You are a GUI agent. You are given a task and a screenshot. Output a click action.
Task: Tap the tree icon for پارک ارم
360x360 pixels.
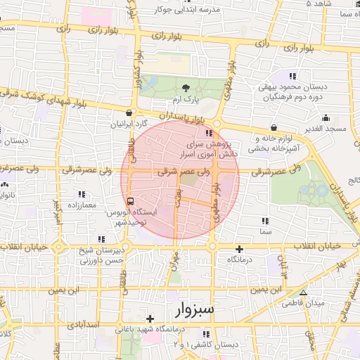point(186,88)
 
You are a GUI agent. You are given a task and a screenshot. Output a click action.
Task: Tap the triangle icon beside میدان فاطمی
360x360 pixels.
point(303,293)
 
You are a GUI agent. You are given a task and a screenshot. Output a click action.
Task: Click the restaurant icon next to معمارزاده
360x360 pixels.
point(82,193)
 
